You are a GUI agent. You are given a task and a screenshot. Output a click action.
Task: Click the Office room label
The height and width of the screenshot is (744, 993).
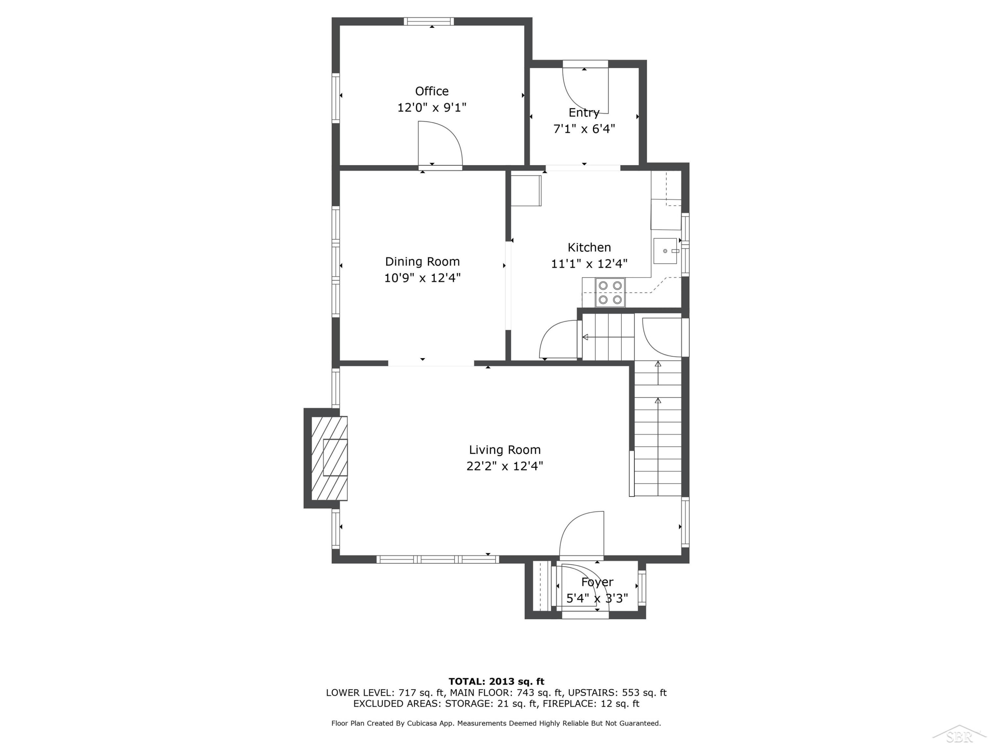[431, 91]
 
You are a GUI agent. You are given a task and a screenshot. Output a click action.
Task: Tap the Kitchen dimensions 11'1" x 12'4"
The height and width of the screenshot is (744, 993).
[589, 264]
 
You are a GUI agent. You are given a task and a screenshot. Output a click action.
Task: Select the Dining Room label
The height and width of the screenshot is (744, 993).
[422, 262]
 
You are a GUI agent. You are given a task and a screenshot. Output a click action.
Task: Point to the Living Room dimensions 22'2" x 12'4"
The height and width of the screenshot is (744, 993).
[504, 466]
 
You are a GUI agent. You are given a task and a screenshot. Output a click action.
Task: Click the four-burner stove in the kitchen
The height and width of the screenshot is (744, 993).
[610, 292]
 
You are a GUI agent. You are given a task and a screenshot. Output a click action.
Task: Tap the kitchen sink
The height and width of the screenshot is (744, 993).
[665, 251]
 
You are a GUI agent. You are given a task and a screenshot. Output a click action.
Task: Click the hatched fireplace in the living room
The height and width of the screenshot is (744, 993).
[329, 458]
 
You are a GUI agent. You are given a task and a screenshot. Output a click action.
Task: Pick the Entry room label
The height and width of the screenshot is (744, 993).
[584, 112]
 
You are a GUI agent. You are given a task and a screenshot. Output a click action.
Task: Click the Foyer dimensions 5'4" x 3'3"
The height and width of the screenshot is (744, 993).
[597, 598]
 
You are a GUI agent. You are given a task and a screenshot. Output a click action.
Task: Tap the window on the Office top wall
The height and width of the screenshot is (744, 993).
[429, 21]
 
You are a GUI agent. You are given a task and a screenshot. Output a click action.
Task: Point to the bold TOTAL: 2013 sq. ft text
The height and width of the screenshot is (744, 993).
[496, 682]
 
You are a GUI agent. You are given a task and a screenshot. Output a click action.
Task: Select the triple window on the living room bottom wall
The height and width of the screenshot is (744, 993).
[438, 559]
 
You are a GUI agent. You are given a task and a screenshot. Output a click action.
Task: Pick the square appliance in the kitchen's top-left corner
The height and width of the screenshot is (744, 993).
[526, 190]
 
